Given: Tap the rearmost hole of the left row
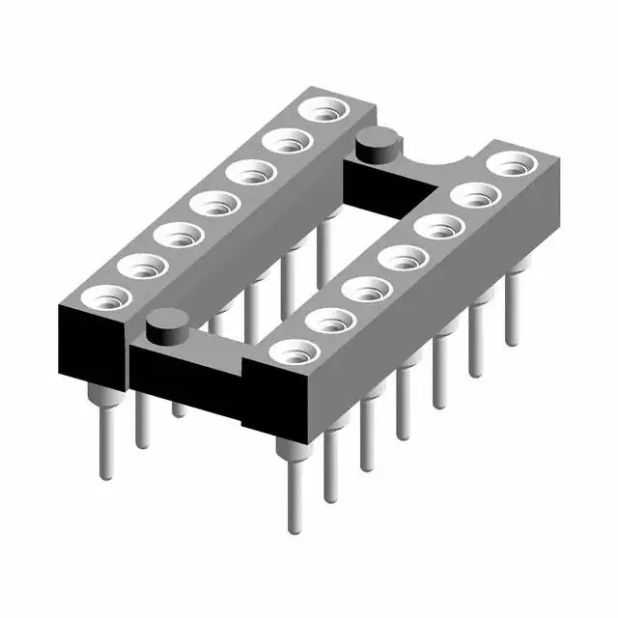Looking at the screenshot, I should click(322, 111).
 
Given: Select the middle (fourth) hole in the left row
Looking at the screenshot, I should click(212, 204).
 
